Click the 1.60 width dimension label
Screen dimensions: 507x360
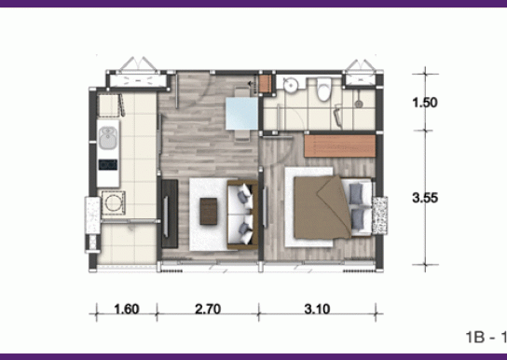pos(127,310)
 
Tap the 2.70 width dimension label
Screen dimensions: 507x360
pos(208,310)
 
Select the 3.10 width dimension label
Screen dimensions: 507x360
pos(317,310)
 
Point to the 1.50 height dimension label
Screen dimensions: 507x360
pos(425,103)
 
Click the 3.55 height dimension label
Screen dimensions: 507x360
pos(425,198)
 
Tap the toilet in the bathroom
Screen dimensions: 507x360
pos(324,89)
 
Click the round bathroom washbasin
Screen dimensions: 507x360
pos(290,86)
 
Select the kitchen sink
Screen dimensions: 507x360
pos(108,138)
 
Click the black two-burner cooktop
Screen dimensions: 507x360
pos(108,165)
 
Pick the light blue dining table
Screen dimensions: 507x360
pos(241,113)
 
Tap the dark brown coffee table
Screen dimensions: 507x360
pos(209,211)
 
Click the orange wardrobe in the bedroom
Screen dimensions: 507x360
pos(340,145)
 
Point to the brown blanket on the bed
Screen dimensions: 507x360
pos(322,207)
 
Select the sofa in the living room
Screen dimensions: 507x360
pos(242,215)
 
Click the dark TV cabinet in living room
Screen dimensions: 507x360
pos(170,214)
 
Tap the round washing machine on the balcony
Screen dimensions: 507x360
pos(113,203)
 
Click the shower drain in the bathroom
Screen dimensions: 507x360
pos(358,104)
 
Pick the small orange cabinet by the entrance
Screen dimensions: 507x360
pos(266,84)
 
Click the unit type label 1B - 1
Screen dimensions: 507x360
pos(486,337)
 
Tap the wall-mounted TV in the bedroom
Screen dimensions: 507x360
pos(265,207)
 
